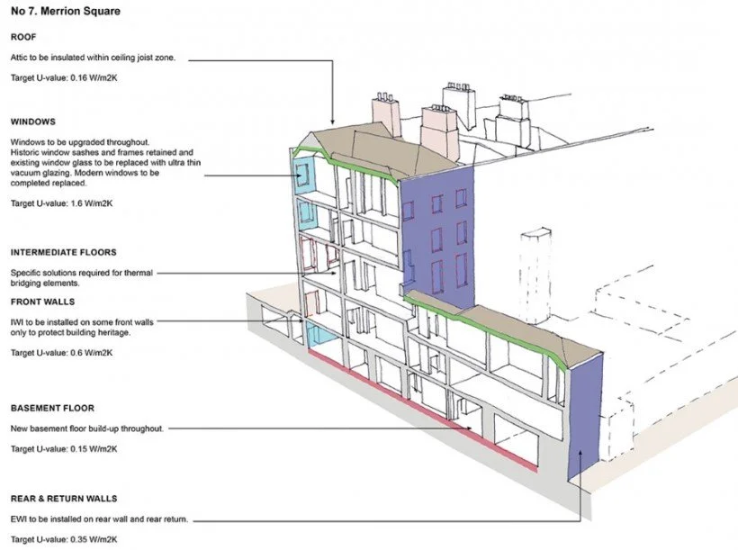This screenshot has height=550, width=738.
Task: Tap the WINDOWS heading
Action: tap(33, 122)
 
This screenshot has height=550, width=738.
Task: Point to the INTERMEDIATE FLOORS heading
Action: tap(63, 253)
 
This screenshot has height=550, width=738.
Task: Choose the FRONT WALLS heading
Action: tap(42, 302)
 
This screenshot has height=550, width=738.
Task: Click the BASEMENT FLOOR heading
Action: tap(52, 408)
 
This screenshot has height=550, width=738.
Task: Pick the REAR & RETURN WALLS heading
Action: tap(64, 498)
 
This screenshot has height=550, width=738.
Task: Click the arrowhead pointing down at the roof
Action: tap(333, 121)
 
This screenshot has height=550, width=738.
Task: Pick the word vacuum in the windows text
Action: tap(25, 173)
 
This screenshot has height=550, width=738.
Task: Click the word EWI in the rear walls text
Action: tap(18, 519)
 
